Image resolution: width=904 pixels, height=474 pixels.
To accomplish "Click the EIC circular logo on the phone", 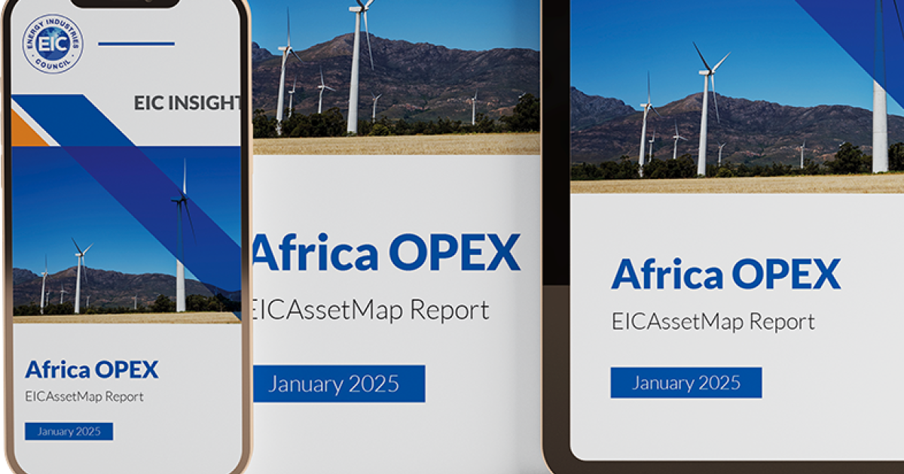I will point(53,44).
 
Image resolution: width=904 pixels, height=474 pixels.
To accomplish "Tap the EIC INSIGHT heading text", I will point(187,103).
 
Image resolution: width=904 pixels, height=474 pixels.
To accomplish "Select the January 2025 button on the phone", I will point(69,431).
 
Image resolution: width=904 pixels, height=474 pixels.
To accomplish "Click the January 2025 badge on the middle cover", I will point(338,384).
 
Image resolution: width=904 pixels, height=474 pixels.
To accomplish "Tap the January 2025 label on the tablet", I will point(686,382).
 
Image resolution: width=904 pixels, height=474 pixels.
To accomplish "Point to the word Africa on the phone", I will point(56,369).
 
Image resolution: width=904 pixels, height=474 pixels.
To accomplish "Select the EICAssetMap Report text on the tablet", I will point(713,322).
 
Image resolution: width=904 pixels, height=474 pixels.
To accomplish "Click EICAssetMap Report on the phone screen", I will point(84,396).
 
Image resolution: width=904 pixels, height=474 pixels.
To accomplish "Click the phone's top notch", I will point(126,3).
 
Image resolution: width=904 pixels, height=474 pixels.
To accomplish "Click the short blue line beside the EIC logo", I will point(136,44).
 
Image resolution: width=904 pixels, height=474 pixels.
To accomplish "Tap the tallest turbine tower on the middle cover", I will point(353,71).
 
